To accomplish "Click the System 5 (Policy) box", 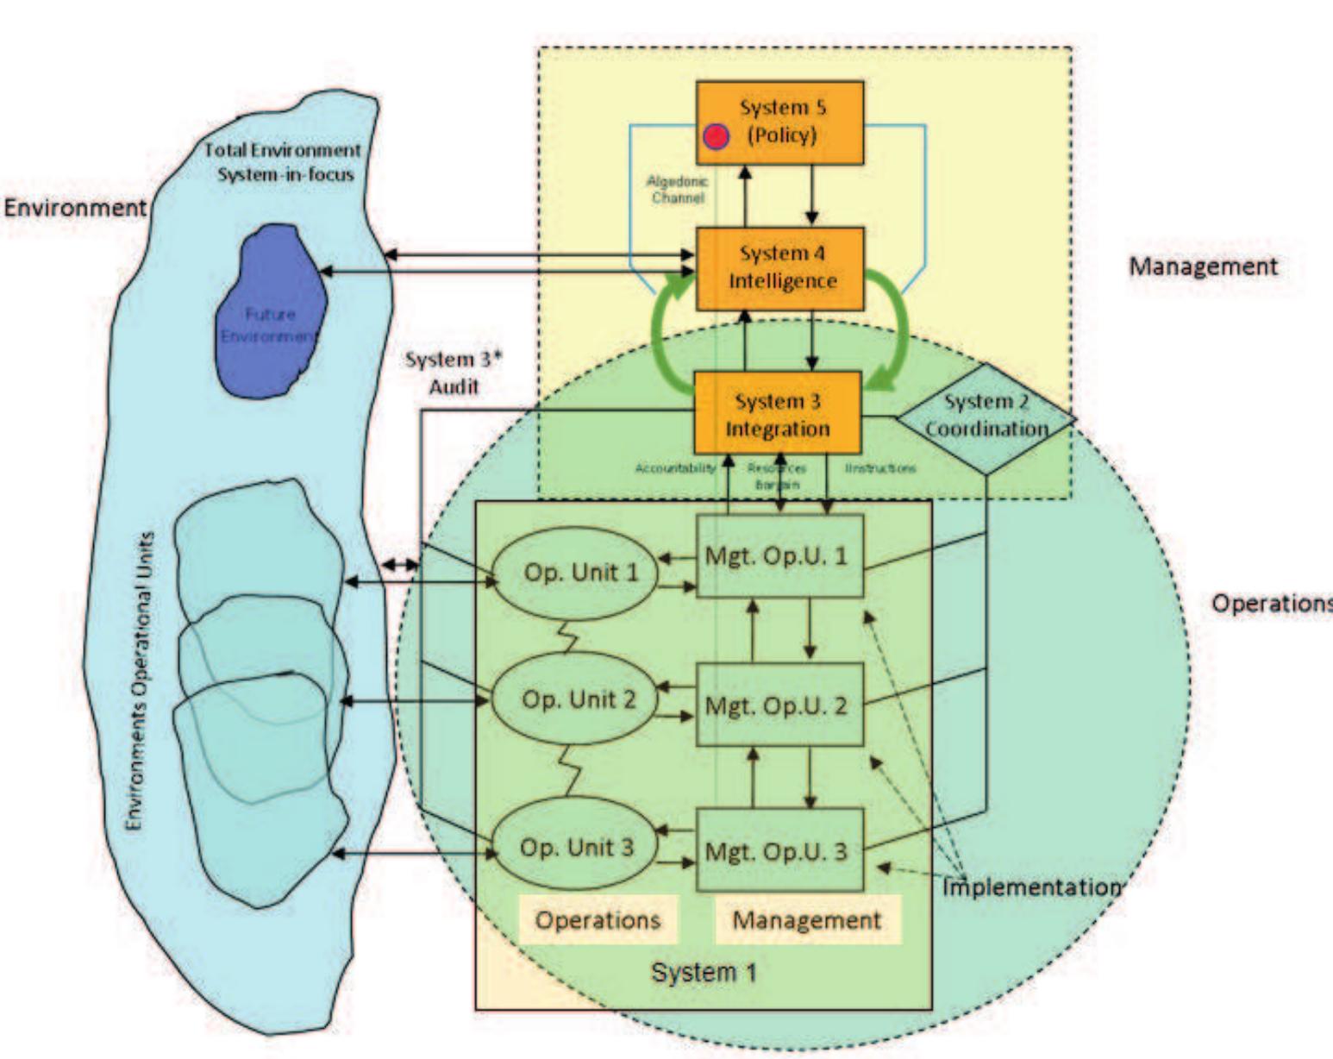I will pos(779,122).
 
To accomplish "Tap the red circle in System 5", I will pos(716,137).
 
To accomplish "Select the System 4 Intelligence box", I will pos(779,268).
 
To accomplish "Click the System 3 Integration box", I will pos(778,414).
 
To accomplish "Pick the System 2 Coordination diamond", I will pos(986,417).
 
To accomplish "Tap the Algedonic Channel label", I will pos(677,190).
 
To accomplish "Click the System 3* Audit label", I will pos(454,373).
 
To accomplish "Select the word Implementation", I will pos(1031,887).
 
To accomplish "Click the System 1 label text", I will pos(704,973).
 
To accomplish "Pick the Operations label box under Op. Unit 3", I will pos(598,920).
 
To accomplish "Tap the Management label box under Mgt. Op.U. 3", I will pos(807,920).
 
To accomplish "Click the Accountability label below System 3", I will pos(675,468).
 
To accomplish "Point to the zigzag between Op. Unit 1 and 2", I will pos(569,638).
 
